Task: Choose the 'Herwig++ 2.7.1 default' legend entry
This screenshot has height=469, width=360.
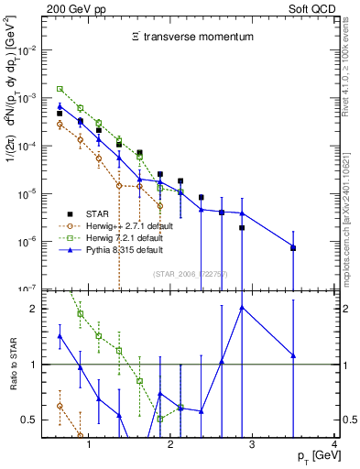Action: [x=138, y=224]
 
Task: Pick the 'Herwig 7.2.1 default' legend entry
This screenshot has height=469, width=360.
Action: [x=135, y=237]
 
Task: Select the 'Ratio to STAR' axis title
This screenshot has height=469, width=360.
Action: [x=13, y=365]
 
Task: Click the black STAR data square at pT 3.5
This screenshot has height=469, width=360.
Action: [x=293, y=248]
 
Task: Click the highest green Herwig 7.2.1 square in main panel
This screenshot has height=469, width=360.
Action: [x=60, y=89]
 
